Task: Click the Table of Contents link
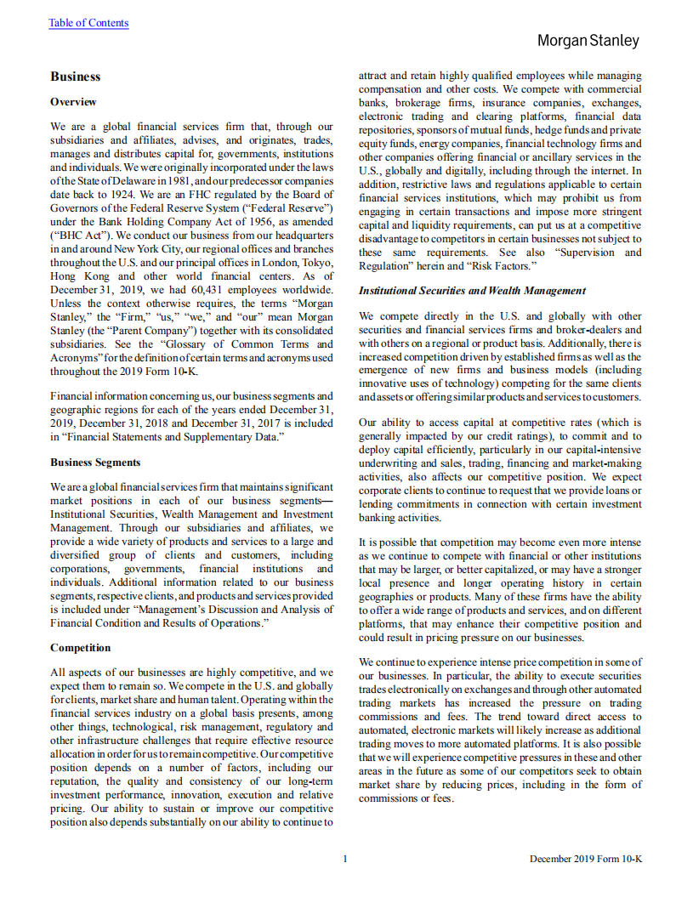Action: coord(88,23)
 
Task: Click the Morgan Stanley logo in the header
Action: coord(588,40)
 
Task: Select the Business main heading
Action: coord(75,77)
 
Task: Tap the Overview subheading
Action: coord(73,101)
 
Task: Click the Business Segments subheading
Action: coord(95,463)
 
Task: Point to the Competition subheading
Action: coord(86,647)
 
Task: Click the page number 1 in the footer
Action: coord(345,859)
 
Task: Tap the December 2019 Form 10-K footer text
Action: coord(584,859)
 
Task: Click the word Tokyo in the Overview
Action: coord(315,263)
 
